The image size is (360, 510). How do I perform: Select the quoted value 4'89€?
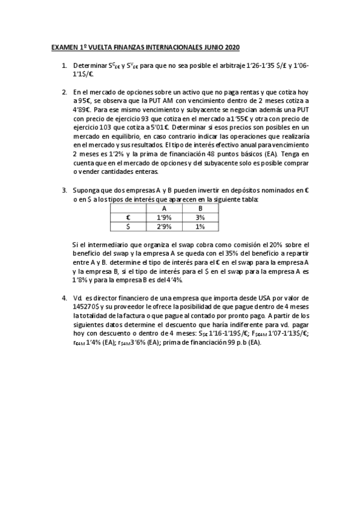pyautogui.click(x=82, y=110)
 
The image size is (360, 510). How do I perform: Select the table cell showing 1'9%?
pyautogui.click(x=164, y=217)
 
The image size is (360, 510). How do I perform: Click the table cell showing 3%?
pyautogui.click(x=200, y=217)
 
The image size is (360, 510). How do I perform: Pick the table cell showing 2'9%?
pyautogui.click(x=164, y=227)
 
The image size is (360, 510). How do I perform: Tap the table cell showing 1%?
pyautogui.click(x=200, y=227)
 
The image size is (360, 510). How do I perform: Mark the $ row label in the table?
pyautogui.click(x=128, y=227)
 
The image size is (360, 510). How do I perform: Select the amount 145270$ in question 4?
pyautogui.click(x=86, y=307)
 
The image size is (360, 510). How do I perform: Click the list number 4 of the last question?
pyautogui.click(x=64, y=298)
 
